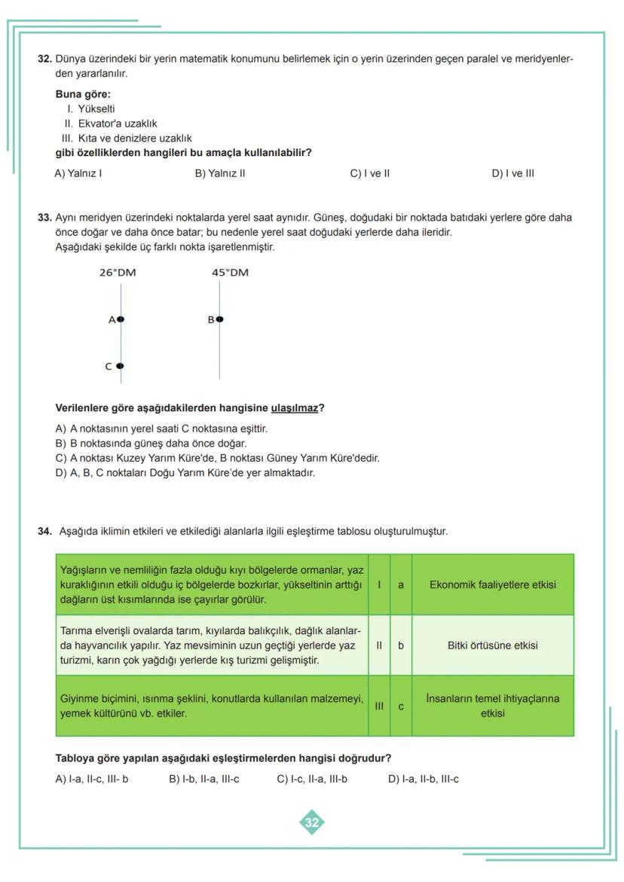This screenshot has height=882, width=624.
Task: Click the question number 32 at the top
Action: tap(44, 59)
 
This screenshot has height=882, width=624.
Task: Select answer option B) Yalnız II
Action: tap(220, 173)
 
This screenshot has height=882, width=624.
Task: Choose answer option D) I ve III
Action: tap(512, 173)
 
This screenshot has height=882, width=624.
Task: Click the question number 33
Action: tap(44, 218)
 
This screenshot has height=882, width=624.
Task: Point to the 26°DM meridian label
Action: tap(118, 273)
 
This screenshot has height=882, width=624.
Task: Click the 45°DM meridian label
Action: tap(230, 273)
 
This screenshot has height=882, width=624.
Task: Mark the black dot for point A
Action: tap(121, 319)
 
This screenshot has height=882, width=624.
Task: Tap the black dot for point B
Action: tap(219, 319)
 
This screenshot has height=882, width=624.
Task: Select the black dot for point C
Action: tap(120, 367)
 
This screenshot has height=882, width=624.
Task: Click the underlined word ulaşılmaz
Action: tap(294, 408)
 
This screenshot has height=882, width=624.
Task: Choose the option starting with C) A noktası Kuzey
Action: tap(217, 458)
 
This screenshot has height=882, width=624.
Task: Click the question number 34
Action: tap(44, 532)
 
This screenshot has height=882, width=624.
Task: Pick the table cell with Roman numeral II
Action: tap(379, 645)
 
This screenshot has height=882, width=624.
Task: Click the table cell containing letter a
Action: tap(401, 584)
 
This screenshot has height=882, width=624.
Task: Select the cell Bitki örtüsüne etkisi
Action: tap(492, 645)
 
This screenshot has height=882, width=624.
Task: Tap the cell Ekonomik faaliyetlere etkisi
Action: tap(492, 584)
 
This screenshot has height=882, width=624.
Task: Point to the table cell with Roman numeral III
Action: tap(379, 706)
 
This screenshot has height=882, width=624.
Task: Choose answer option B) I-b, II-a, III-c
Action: tap(203, 779)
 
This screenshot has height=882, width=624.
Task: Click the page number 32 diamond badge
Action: tap(311, 822)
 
